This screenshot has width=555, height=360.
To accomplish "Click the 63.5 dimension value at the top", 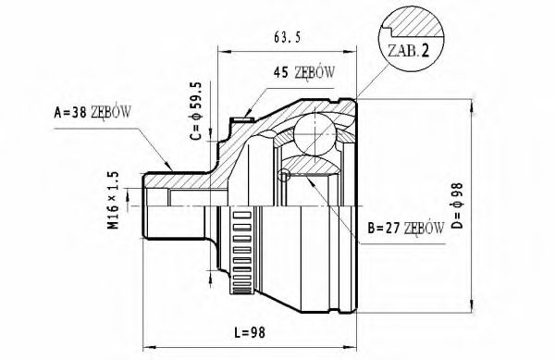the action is tap(287, 37).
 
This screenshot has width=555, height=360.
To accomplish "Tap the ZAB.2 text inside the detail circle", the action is tap(409, 51).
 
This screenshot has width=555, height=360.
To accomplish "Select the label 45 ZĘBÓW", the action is tap(303, 73).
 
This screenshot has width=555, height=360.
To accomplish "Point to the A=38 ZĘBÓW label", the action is tap(92, 112).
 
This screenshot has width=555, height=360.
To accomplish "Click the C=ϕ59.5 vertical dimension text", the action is tap(196, 111).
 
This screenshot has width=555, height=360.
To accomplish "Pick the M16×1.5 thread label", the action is tap(114, 200).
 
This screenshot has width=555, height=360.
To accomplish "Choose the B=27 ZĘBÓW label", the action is tap(406, 229).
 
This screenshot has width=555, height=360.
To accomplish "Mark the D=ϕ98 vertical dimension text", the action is tap(457, 205).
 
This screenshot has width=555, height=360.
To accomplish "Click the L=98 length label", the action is tap(250, 332).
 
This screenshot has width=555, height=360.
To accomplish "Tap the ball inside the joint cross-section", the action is tap(315, 134).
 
